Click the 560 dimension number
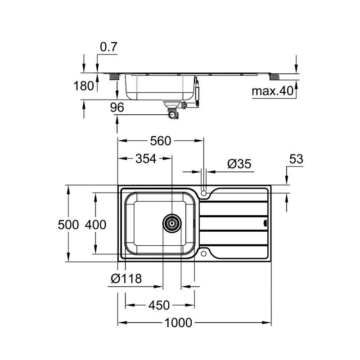[x=161, y=141]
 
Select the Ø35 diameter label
[x=238, y=164]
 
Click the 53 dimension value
[x=296, y=159]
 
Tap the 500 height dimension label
[x=68, y=224]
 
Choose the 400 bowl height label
[x=95, y=224]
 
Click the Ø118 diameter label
[x=126, y=279]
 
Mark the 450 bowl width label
[x=159, y=306]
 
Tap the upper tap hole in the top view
[x=205, y=193]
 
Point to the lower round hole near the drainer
[x=205, y=254]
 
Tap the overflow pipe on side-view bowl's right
[x=196, y=92]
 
